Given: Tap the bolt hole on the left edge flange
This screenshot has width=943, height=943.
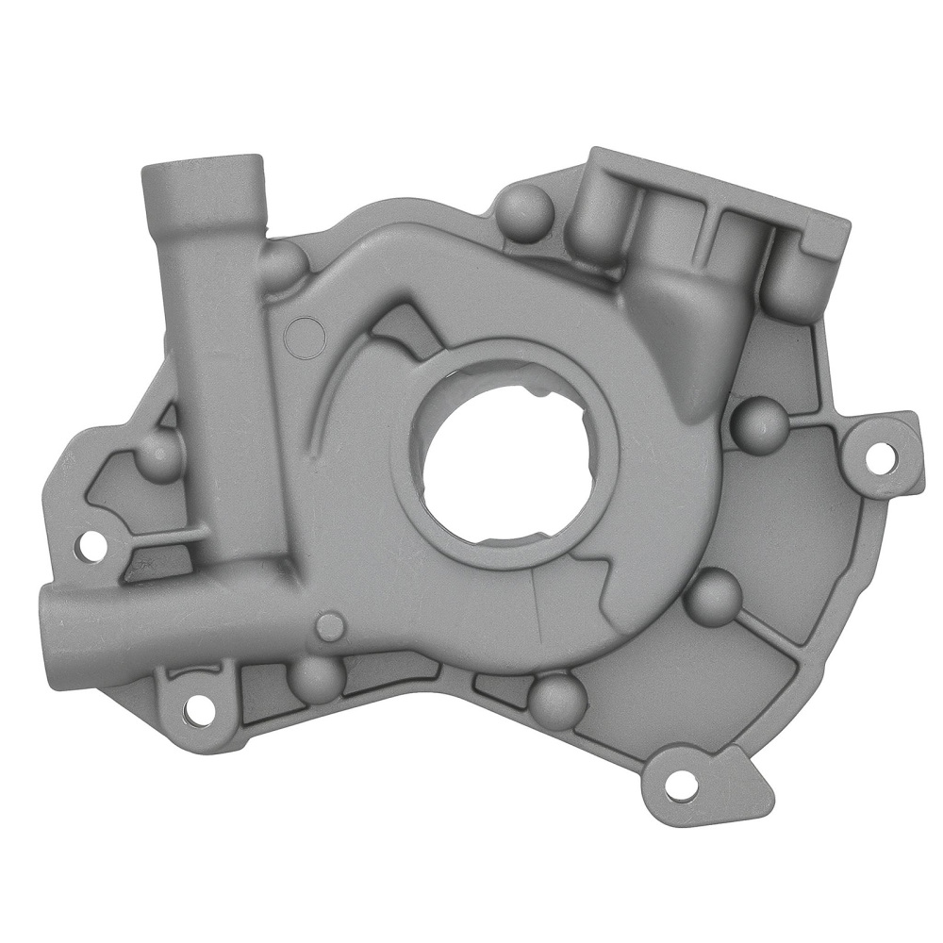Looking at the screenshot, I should pos(91,542).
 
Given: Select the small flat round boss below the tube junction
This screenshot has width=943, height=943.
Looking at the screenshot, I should pos(330,624).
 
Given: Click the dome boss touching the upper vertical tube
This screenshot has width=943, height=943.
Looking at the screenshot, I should pos(283,266).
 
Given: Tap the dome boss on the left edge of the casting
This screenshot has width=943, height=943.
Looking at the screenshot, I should pos(160,455).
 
